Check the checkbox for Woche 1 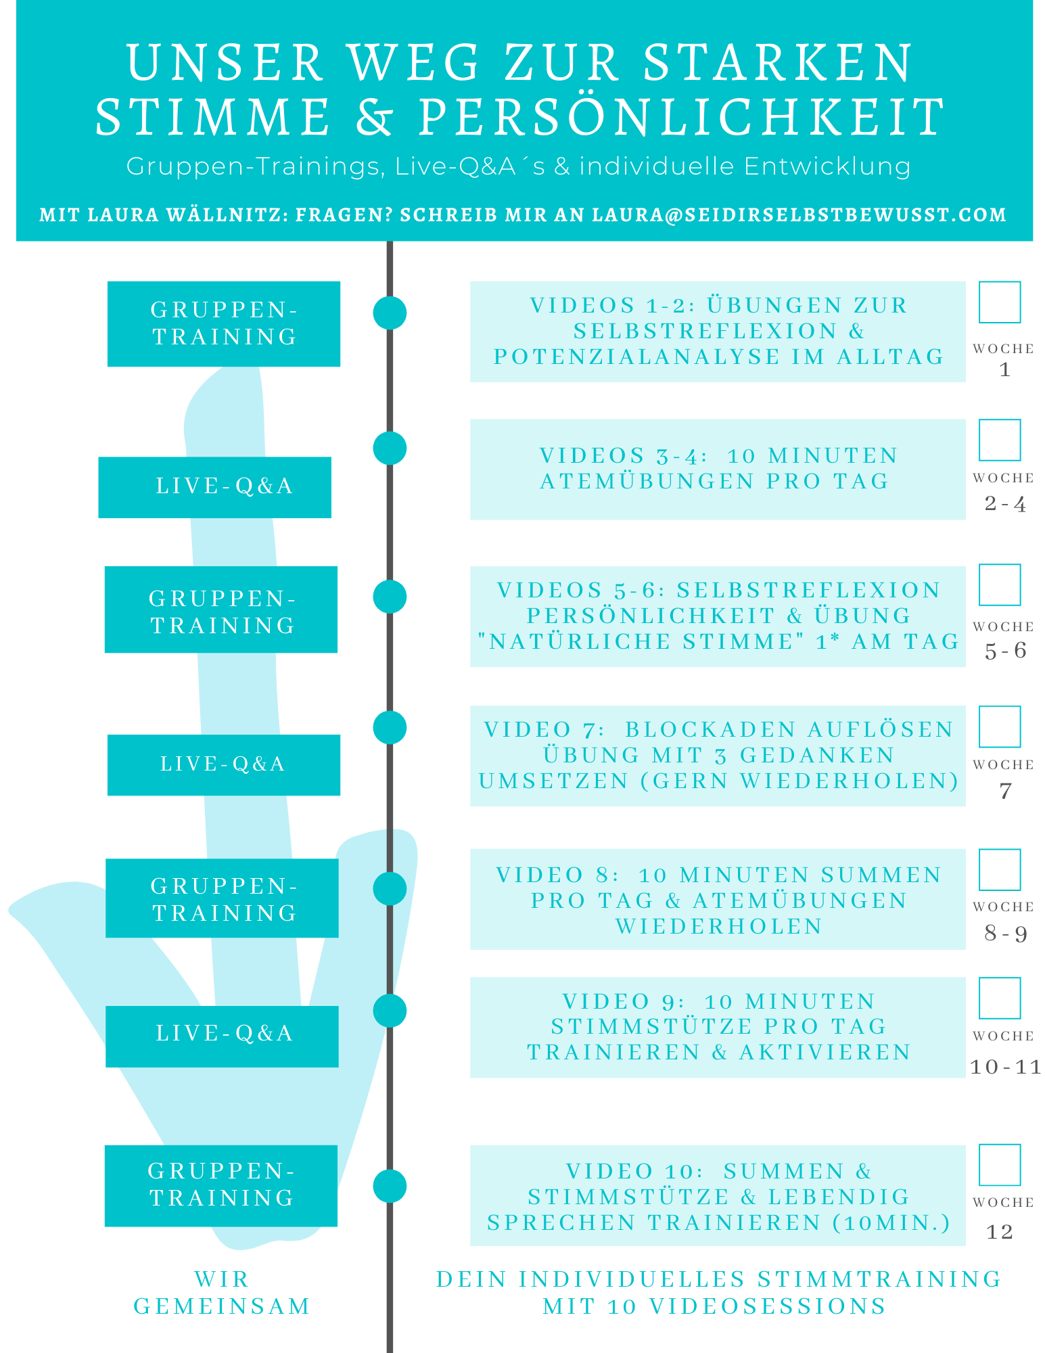[999, 302]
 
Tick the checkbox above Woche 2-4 [999, 440]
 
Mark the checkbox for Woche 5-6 [999, 584]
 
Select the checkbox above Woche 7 [999, 727]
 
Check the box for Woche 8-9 [999, 870]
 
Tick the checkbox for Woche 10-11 [999, 998]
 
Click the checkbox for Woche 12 [999, 1165]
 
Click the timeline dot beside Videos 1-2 [390, 313]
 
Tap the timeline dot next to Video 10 [390, 1186]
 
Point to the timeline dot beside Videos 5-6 [390, 597]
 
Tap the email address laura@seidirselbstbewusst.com [799, 215]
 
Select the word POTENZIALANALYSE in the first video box [636, 357]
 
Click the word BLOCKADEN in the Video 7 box [710, 729]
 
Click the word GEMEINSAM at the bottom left [222, 1306]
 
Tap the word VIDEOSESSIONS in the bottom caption [768, 1306]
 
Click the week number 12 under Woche [999, 1232]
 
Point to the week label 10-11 [1005, 1068]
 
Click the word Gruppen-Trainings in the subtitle [256, 166]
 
